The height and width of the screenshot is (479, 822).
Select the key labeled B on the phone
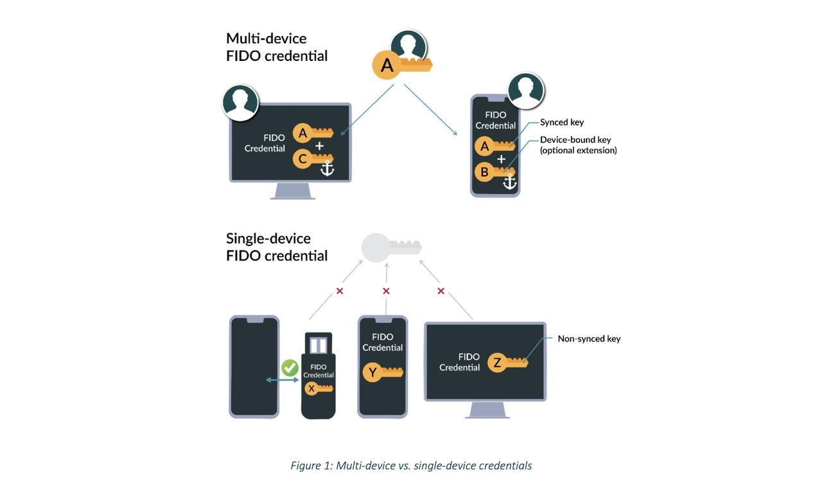pyautogui.click(x=494, y=172)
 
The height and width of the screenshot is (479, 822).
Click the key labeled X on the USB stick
pyautogui.click(x=319, y=388)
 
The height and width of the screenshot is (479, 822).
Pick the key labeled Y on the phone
pyautogui.click(x=383, y=372)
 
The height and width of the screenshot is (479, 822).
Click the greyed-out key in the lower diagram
pyautogui.click(x=390, y=248)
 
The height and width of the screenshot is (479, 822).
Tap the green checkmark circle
pyautogui.click(x=290, y=368)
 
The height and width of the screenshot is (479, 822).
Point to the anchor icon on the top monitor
pyautogui.click(x=327, y=169)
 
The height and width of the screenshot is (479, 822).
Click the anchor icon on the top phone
pyautogui.click(x=509, y=182)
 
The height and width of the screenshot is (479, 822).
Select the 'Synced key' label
pyautogui.click(x=562, y=122)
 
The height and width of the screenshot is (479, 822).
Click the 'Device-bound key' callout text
pyautogui.click(x=578, y=145)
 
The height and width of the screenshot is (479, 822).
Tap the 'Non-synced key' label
pyautogui.click(x=589, y=338)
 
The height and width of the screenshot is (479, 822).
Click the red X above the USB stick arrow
pyautogui.click(x=340, y=291)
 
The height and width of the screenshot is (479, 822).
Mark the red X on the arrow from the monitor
pyautogui.click(x=441, y=291)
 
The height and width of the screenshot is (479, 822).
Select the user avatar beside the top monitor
pyautogui.click(x=241, y=103)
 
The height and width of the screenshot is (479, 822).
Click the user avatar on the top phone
pyautogui.click(x=526, y=91)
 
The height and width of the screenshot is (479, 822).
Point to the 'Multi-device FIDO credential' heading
pyautogui.click(x=277, y=47)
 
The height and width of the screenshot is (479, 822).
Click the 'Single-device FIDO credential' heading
pyautogui.click(x=277, y=247)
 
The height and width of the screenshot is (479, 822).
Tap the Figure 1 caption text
pyautogui.click(x=411, y=466)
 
